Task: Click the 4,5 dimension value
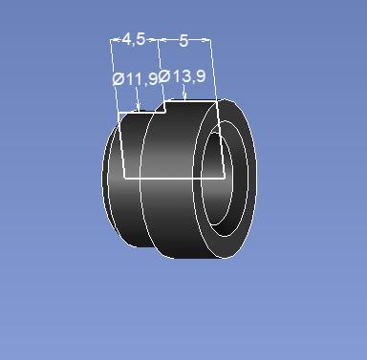[134, 40]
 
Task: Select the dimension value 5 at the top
[183, 41]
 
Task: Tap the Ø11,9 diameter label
[135, 78]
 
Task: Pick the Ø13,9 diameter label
[183, 76]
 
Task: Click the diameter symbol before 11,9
[119, 79]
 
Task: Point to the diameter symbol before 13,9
[164, 76]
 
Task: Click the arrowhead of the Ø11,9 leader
[138, 108]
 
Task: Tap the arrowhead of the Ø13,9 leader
[184, 95]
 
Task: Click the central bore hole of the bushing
[217, 179]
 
